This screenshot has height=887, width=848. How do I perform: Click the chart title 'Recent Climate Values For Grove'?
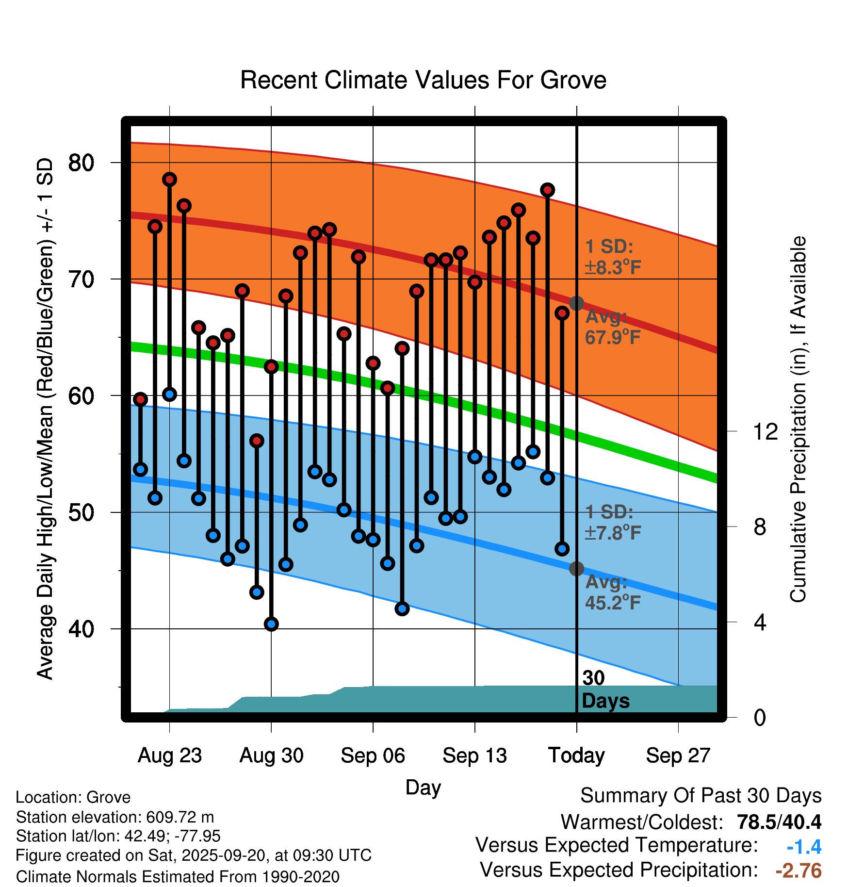coord(423,80)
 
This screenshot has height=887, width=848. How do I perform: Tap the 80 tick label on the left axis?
coord(81,163)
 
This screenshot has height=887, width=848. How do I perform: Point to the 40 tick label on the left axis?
coord(81,629)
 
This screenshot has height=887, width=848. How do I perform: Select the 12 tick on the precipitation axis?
coord(765,431)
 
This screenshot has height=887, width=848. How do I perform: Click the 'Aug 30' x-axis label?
coord(271,756)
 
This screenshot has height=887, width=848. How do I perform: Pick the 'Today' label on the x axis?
coord(576,756)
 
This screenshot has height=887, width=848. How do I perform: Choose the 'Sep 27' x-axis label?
coord(678,756)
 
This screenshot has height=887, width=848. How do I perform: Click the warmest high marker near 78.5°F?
coord(169,180)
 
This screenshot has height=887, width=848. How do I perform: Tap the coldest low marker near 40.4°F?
coord(271,624)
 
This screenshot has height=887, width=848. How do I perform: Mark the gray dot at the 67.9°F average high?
coord(576,303)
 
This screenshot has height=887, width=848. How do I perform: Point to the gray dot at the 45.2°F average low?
coord(576,569)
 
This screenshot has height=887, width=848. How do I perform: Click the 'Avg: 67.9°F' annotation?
coord(612,327)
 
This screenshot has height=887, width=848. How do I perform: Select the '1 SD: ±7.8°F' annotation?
coord(612,523)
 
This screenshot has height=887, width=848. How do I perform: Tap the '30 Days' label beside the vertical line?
coord(605,690)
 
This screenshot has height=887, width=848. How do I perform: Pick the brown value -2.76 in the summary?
coord(799,871)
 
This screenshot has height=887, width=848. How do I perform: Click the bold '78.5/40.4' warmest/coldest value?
coord(779,822)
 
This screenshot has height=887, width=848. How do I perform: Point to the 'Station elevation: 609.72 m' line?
coord(115,817)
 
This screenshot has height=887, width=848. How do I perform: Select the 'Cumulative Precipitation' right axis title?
coord(798,419)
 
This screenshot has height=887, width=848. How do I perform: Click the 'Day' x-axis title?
coord(423,787)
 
